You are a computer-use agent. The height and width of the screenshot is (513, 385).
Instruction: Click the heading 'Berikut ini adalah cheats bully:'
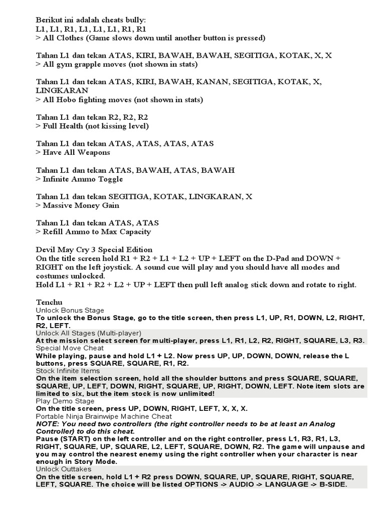[91, 20]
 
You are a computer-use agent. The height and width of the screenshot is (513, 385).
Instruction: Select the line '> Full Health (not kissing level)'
[92, 126]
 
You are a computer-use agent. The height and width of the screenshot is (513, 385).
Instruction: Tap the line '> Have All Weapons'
[73, 152]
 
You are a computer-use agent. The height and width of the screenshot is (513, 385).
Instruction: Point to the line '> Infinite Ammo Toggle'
[79, 179]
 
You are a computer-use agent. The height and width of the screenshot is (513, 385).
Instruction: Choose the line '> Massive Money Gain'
[77, 205]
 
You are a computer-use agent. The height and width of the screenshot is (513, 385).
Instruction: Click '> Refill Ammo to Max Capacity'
[93, 232]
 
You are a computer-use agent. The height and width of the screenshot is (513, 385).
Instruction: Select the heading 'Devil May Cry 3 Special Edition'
[94, 249]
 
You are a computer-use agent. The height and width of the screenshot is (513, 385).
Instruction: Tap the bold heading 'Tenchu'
[49, 303]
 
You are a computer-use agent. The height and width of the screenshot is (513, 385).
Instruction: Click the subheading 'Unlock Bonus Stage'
[70, 311]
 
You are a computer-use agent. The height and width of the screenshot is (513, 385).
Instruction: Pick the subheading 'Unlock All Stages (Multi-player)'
[88, 333]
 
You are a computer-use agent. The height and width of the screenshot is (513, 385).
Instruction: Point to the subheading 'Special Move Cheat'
[70, 348]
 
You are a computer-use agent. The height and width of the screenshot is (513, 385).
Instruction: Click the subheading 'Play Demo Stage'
[65, 401]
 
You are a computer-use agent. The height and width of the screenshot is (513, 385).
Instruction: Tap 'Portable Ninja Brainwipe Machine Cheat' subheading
[104, 416]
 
